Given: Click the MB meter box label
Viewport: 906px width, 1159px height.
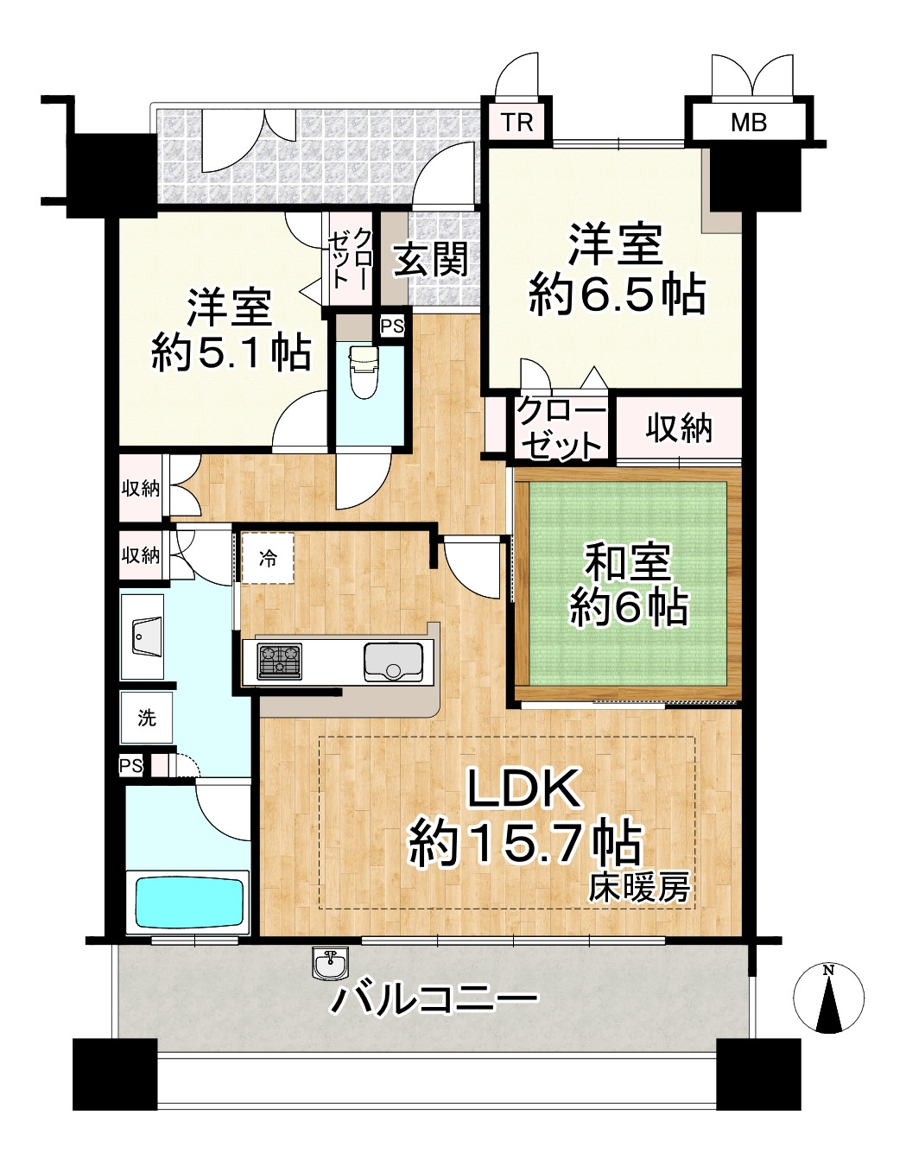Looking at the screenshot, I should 748,122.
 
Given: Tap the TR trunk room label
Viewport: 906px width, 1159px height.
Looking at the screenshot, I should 517,122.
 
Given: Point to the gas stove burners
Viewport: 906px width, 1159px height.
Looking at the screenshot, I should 278,661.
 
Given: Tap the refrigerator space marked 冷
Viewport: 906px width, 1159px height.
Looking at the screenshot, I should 268,559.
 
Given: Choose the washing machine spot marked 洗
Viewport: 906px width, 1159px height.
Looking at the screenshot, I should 147,717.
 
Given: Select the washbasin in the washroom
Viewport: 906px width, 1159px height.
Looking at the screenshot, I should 143,639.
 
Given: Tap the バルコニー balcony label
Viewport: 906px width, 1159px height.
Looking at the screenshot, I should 435,1002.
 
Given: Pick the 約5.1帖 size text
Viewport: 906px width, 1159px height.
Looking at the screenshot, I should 231,352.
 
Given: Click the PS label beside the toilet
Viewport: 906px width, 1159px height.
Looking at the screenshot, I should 392,327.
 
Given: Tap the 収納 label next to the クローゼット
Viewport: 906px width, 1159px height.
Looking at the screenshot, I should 679,427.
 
